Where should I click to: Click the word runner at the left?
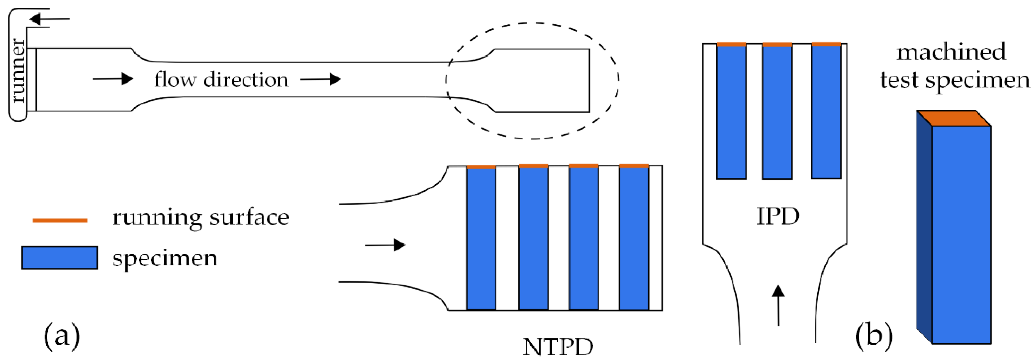point(18,71)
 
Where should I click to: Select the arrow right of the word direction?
point(321,79)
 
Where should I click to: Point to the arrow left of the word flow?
point(113,79)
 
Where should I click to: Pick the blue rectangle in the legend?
point(60,257)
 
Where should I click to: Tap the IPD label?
point(778,217)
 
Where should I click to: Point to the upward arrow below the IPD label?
point(778,306)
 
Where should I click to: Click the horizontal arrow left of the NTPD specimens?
point(385,245)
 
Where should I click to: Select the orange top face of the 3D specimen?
point(954,118)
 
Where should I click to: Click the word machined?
point(951,52)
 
